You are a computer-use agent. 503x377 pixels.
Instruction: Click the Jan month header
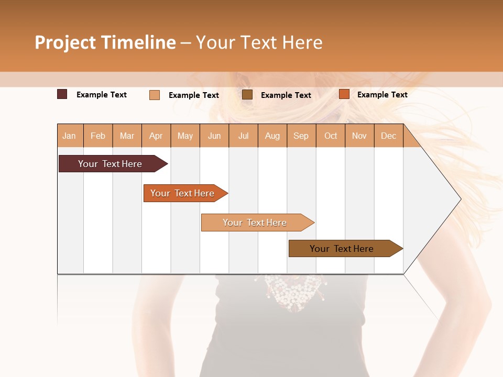click(x=69, y=136)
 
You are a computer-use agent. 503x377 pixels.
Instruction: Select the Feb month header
click(x=98, y=136)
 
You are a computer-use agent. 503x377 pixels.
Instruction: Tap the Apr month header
click(x=156, y=136)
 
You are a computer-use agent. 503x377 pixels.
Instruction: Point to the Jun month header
click(x=214, y=136)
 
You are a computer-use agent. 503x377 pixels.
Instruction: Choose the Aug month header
click(x=272, y=136)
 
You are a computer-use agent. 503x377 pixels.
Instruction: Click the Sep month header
click(x=301, y=136)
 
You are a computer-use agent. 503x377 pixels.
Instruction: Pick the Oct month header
click(x=331, y=136)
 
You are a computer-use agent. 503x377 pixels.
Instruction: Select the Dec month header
click(x=389, y=136)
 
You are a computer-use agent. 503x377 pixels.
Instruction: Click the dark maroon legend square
click(x=62, y=94)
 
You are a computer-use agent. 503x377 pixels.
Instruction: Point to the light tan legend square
click(x=155, y=95)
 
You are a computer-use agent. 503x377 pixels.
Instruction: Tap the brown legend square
click(x=247, y=95)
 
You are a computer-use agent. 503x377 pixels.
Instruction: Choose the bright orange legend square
click(x=344, y=94)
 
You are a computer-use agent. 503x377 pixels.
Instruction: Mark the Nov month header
click(x=359, y=136)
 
